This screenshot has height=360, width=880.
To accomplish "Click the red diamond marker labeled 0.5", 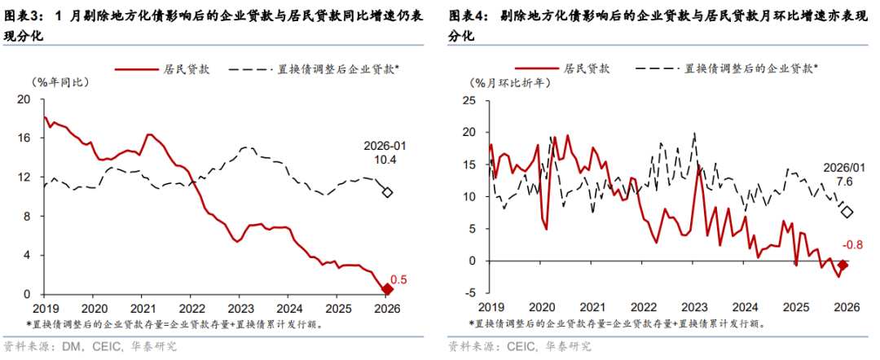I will pyautogui.click(x=388, y=289).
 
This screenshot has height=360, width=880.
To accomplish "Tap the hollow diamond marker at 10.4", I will pyautogui.click(x=388, y=192).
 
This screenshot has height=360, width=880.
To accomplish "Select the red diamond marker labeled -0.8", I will pyautogui.click(x=844, y=265).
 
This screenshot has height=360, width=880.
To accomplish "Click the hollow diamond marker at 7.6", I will pyautogui.click(x=847, y=212).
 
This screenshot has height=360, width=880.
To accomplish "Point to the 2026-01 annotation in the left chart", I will pyautogui.click(x=385, y=146).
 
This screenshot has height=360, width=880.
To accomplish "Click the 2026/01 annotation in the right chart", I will pyautogui.click(x=844, y=166).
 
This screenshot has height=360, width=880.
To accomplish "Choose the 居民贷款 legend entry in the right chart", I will pyautogui.click(x=587, y=69).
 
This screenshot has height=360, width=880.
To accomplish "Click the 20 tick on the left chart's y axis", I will pyautogui.click(x=23, y=99).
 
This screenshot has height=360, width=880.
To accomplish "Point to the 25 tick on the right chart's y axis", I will pyautogui.click(x=469, y=100).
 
